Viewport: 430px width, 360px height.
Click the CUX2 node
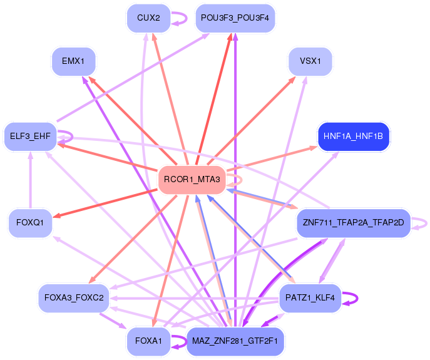[x=148, y=18]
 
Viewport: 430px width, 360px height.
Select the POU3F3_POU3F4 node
[x=235, y=18]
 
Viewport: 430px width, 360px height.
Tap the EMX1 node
[x=73, y=61]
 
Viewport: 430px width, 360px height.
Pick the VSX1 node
[x=310, y=61]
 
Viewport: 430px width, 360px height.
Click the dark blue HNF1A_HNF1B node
[x=353, y=136]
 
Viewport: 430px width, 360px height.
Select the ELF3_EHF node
[x=30, y=136]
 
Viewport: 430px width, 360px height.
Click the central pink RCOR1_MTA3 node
[x=192, y=180]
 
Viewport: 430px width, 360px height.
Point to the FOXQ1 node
[x=30, y=222]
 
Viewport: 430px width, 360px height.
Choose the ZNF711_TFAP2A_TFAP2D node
[x=353, y=222]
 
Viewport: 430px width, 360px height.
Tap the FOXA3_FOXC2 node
[x=74, y=298]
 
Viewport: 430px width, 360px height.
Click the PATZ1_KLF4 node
[x=310, y=298]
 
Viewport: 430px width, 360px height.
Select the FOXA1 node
[x=148, y=341]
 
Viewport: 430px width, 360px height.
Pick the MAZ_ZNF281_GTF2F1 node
[x=235, y=341]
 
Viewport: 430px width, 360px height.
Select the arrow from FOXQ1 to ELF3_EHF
[x=31, y=180]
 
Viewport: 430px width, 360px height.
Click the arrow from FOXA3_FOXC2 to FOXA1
[x=113, y=321]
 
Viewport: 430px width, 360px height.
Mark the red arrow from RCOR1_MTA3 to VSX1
[x=252, y=121]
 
